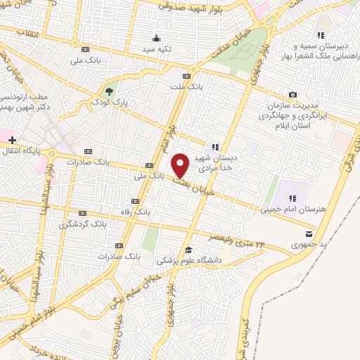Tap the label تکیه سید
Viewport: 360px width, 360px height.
pyautogui.click(x=156, y=49)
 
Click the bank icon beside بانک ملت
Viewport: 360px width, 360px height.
pyautogui.click(x=186, y=76)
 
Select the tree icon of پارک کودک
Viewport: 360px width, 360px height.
pyautogui.click(x=109, y=91)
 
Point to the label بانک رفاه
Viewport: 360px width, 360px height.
pyautogui.click(x=136, y=211)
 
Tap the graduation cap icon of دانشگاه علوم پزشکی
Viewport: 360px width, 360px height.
pyautogui.click(x=188, y=250)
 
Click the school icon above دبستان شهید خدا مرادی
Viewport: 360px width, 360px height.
pyautogui.click(x=215, y=147)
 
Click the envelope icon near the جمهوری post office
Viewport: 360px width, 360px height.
pyautogui.click(x=310, y=234)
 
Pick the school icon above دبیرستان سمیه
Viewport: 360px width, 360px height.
pyautogui.click(x=321, y=35)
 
